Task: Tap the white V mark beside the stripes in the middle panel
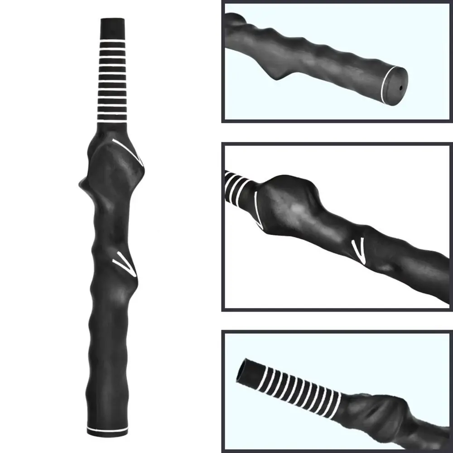[257, 209]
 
